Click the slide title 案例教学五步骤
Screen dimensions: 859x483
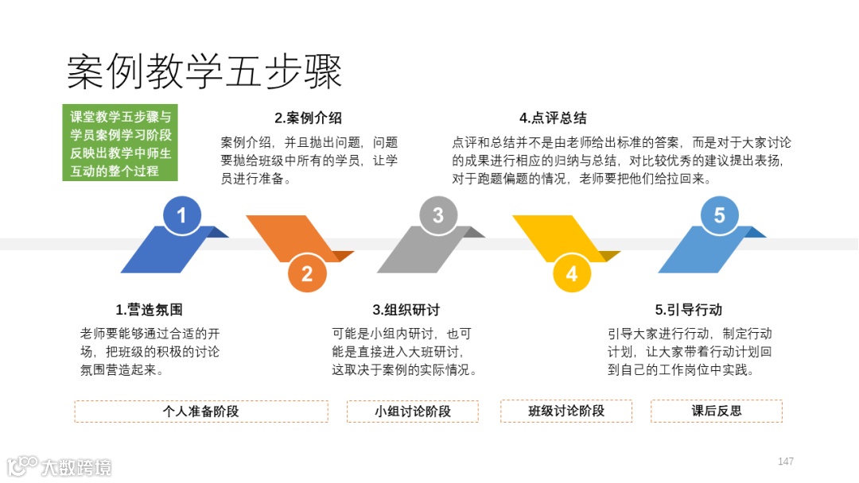pos(204,72)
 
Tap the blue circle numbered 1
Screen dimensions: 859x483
pos(181,215)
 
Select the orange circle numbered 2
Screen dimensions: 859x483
pos(307,274)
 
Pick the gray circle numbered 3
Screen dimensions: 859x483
pos(437,215)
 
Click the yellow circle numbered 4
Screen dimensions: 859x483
pos(571,274)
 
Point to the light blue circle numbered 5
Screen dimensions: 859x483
pos(719,215)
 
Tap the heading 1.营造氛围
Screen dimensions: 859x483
pos(149,310)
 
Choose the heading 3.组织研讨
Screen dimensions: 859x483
pos(406,310)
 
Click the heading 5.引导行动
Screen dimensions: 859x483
pos(688,310)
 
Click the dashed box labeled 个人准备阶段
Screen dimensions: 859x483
pos(200,412)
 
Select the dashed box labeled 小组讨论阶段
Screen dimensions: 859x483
pos(412,412)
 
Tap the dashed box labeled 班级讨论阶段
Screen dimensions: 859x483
pos(566,412)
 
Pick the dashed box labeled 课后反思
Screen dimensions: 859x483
pos(716,412)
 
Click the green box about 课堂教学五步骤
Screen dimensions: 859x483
pos(119,143)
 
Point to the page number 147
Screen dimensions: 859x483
pos(786,462)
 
